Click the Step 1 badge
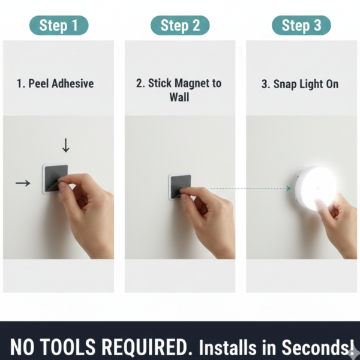pos(59,25)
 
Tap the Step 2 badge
pos(180,25)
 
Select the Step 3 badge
pos(301,25)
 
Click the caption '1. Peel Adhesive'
pos(55,83)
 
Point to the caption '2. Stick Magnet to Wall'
pos(179,89)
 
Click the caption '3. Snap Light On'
pos(299,84)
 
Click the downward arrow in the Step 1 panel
pos(66,145)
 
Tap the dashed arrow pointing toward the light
pos(252,188)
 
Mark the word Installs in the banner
pos(227,347)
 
